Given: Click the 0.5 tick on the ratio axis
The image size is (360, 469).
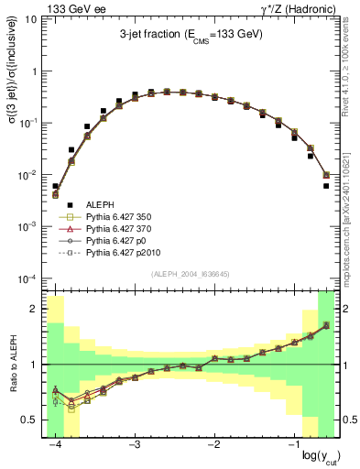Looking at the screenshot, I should point(31,420).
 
